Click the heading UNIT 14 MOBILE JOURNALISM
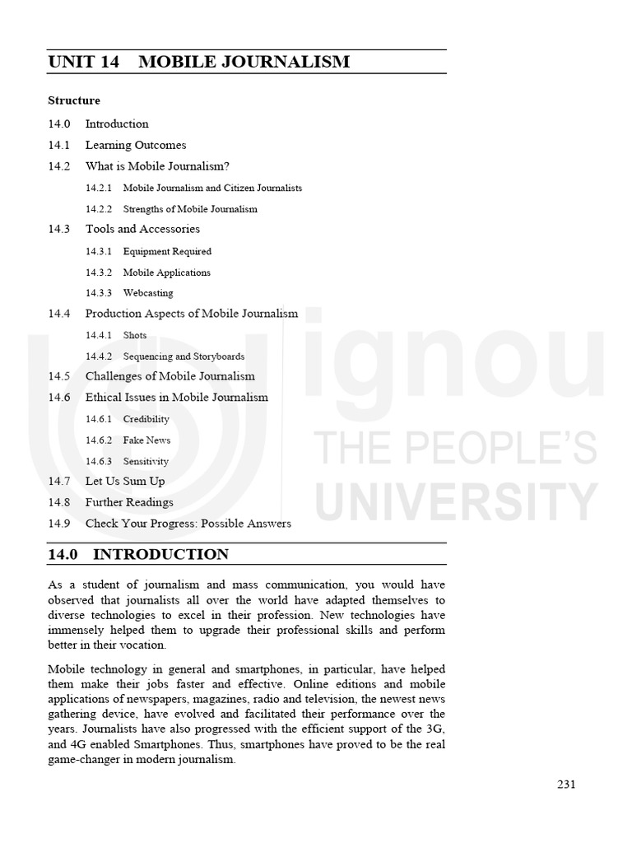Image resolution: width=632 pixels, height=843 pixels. coord(199,62)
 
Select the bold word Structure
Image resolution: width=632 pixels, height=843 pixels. coord(74,100)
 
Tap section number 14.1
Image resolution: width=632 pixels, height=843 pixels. coord(59,145)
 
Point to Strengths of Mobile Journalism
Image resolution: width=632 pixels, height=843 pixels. coord(190,209)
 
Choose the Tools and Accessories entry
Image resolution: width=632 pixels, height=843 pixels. coord(142,229)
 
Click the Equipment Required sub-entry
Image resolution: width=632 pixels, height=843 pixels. coord(167,252)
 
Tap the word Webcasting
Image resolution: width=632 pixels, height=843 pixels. coord(148,293)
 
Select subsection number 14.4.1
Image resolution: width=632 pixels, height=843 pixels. coord(99,336)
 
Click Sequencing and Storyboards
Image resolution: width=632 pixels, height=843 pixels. coord(184,356)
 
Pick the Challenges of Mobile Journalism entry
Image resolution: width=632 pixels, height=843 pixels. coord(170,376)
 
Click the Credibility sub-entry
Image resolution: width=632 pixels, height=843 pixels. coord(146,420)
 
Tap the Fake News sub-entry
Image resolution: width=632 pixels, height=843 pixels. coord(147,440)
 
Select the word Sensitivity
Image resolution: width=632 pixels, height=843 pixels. coord(146,462)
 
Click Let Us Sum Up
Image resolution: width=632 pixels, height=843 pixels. coord(125,481)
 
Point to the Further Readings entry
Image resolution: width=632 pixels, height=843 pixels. coord(129,502)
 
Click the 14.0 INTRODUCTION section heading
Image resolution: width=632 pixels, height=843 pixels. coord(138,554)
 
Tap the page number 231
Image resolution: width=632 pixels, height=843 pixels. coord(566,784)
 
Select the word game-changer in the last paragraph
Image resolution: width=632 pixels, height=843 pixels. coord(86,761)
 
